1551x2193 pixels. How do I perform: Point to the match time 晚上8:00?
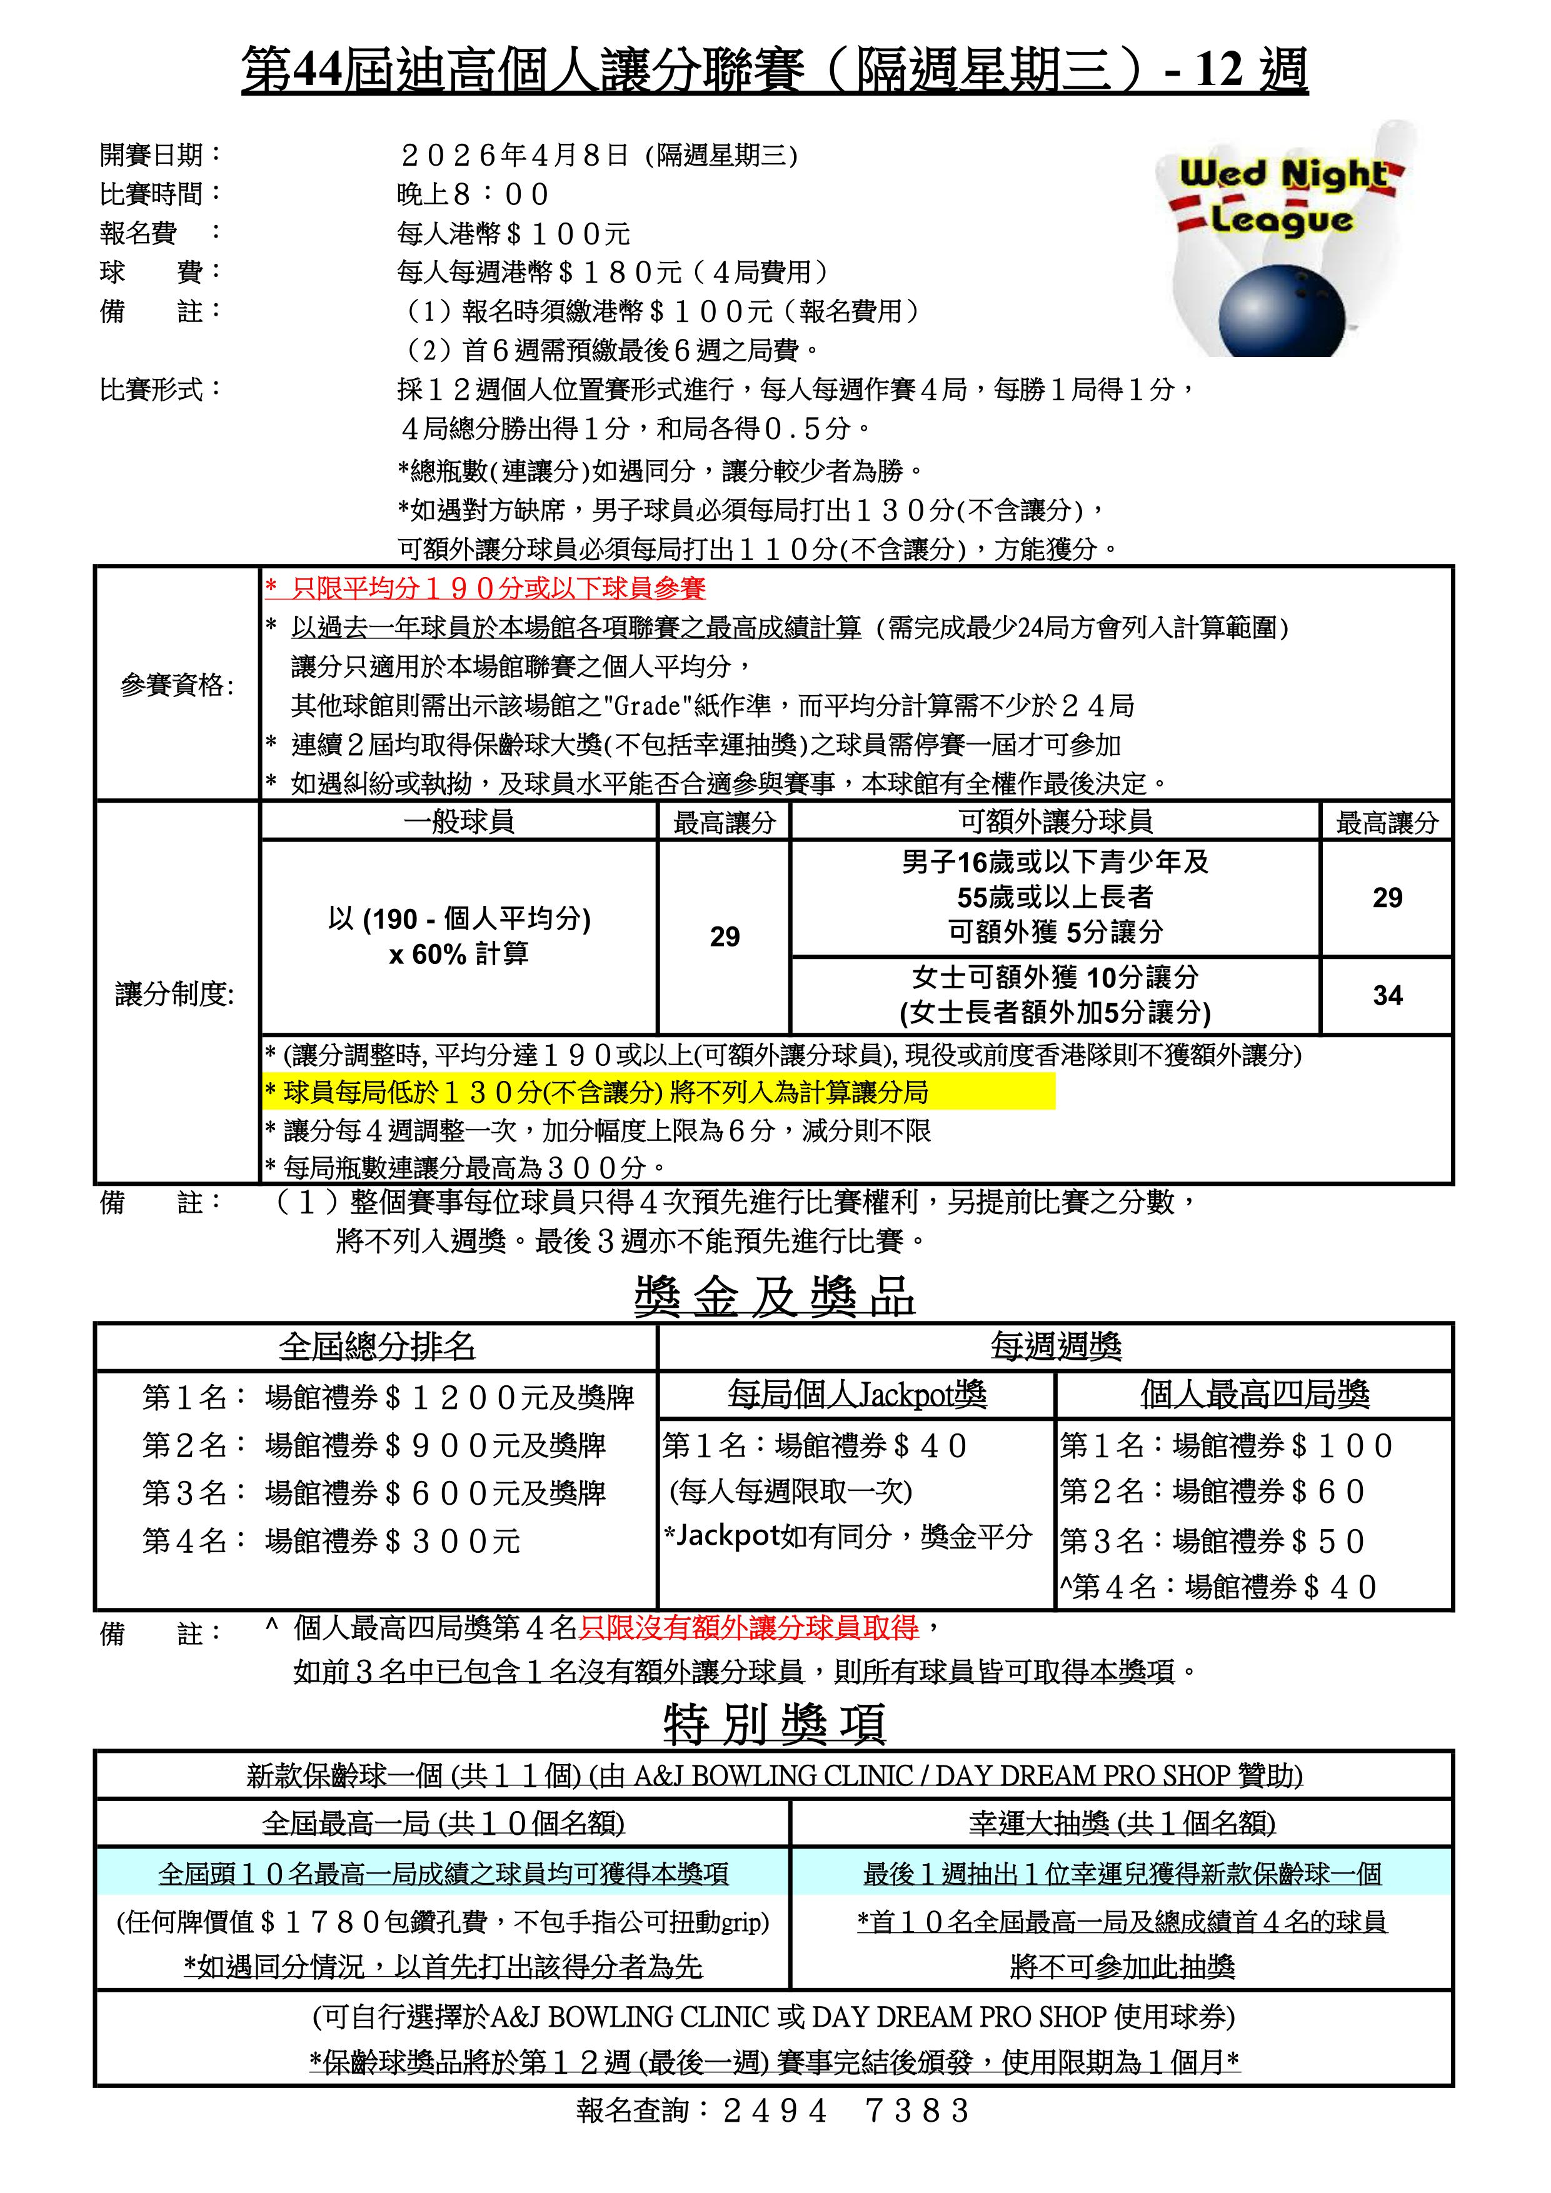[x=472, y=195]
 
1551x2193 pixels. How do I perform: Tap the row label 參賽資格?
[x=177, y=685]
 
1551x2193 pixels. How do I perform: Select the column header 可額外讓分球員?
[x=1055, y=821]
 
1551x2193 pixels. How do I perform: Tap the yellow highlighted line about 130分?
[x=659, y=1091]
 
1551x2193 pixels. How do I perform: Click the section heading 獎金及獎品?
[x=775, y=1297]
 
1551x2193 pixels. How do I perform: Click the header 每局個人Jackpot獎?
[x=856, y=1395]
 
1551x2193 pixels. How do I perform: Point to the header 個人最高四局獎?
[x=1254, y=1395]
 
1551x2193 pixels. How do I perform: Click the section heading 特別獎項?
[x=775, y=1724]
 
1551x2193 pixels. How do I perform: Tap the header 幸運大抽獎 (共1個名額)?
[x=1122, y=1824]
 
